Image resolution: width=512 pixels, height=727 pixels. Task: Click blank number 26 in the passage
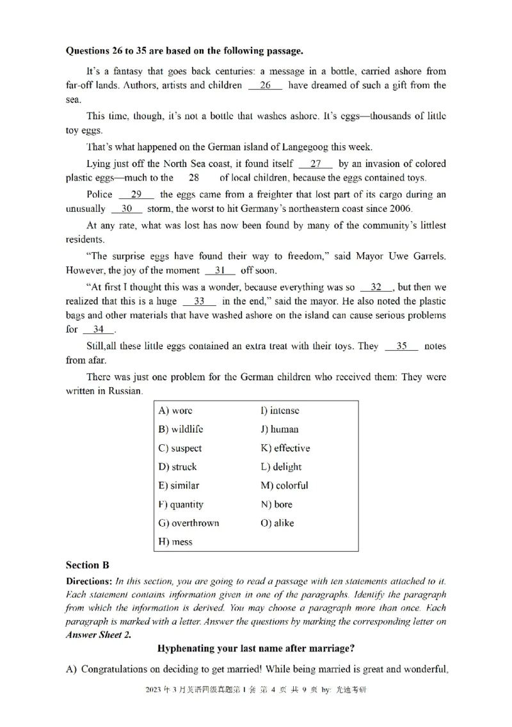point(265,85)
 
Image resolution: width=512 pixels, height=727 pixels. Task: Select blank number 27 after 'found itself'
point(316,164)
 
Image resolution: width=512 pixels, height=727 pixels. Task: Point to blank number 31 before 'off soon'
point(220,270)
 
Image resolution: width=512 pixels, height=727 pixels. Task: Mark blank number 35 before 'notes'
point(402,346)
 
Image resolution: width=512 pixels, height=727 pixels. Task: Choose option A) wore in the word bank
point(175,411)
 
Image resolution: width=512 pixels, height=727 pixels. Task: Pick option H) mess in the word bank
point(175,541)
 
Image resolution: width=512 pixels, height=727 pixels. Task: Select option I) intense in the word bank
point(280,411)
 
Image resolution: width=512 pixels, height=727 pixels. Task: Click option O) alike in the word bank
point(277,523)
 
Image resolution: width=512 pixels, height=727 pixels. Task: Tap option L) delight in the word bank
point(281,467)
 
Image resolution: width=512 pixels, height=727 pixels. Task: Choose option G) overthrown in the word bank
point(188,523)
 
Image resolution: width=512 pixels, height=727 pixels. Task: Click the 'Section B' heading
point(88,565)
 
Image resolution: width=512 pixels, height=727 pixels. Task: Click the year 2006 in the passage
point(401,209)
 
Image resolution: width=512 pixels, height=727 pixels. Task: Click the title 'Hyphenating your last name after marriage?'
point(256,648)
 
